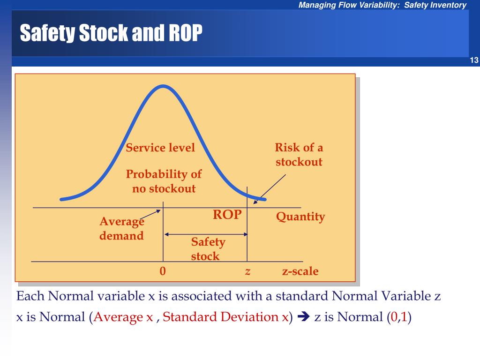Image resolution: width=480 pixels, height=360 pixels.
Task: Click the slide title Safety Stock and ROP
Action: click(x=111, y=33)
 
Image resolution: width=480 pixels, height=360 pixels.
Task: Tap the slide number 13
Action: click(x=473, y=60)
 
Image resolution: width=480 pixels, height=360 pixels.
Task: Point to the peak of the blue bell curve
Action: click(x=163, y=86)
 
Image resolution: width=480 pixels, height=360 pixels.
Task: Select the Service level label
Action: click(x=160, y=148)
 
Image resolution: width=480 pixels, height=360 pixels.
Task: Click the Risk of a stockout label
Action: click(x=299, y=155)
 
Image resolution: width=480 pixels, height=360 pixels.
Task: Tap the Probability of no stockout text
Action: click(x=163, y=181)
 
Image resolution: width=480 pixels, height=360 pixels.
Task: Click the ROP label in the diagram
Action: click(x=227, y=215)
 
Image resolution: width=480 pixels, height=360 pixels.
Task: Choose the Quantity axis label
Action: click(x=300, y=217)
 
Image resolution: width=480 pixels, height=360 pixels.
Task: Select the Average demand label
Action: click(x=121, y=228)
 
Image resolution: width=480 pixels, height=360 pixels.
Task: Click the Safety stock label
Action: click(x=208, y=249)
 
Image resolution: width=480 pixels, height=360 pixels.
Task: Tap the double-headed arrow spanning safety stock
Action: click(x=205, y=234)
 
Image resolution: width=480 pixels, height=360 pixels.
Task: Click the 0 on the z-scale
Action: click(x=163, y=271)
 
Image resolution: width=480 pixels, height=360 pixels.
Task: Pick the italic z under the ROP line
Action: click(x=247, y=271)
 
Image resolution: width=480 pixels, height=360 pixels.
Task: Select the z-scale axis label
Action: click(x=300, y=271)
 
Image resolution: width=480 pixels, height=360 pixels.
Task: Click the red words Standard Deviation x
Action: click(x=225, y=317)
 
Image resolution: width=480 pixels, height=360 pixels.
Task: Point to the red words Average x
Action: click(x=123, y=317)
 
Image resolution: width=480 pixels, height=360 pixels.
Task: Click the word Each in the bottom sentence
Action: click(x=30, y=296)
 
